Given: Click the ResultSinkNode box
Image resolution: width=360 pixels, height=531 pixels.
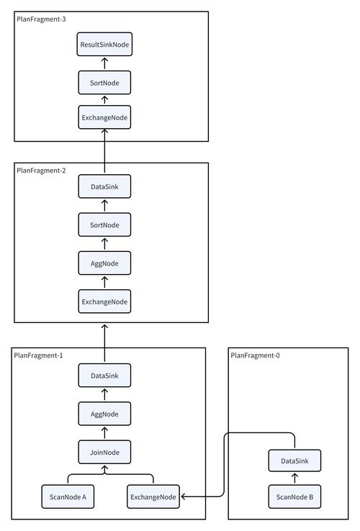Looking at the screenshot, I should (104, 45).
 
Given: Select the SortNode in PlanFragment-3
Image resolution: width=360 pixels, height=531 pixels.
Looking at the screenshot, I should (104, 83).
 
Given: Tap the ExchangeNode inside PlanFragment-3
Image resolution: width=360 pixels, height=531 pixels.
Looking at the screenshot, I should (104, 117).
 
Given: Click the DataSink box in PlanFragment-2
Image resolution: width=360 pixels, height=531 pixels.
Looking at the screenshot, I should (104, 188).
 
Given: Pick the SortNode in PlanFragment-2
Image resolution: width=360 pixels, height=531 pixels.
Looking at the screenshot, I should (104, 226).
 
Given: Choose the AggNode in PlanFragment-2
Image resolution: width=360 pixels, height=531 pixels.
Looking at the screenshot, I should (104, 263).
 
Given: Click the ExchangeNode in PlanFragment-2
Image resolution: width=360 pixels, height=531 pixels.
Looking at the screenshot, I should (104, 301).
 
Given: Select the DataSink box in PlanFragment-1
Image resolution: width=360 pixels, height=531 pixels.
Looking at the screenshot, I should (104, 375).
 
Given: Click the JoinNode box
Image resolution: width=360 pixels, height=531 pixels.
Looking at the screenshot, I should (104, 452).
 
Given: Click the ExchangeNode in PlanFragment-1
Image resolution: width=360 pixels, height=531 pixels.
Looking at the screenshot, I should (153, 496).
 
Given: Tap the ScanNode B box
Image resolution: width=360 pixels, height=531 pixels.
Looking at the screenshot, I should (294, 496).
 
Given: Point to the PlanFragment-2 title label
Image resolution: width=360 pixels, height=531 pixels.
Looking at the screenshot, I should (41, 171).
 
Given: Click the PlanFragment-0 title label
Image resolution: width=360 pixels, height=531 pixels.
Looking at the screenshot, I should (255, 355).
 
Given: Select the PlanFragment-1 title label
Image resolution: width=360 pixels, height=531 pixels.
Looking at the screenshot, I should (39, 355).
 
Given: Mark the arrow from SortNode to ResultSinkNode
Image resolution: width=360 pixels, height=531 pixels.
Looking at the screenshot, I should (104, 64).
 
